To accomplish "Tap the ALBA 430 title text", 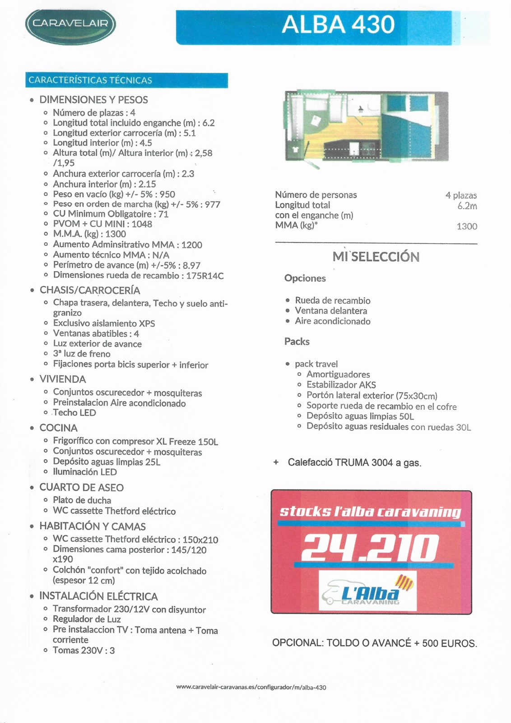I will coord(338,24).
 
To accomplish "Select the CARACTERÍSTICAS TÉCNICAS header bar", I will coord(126,80).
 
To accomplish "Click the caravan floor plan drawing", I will coord(367,126).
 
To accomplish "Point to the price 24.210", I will coord(370,548).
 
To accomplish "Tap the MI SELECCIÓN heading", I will coord(376,257).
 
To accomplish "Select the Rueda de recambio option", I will coord(333,300).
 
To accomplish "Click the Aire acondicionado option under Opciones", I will coord(333,321).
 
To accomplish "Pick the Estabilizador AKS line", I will coord(341,385).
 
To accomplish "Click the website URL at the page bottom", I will coord(251,687).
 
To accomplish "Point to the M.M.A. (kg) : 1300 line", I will coord(89,234).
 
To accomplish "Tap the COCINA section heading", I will coord(58,428).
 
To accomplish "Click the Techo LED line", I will coord(74,413).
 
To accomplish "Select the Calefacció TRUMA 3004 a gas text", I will coord(354,463).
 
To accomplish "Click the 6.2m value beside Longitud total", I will coord(467,206).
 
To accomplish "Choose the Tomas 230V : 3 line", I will coord(84,650).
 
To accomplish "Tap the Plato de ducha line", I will coord(82,500).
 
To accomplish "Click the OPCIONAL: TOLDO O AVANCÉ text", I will coord(374,643).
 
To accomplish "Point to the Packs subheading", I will coord(297,342).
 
